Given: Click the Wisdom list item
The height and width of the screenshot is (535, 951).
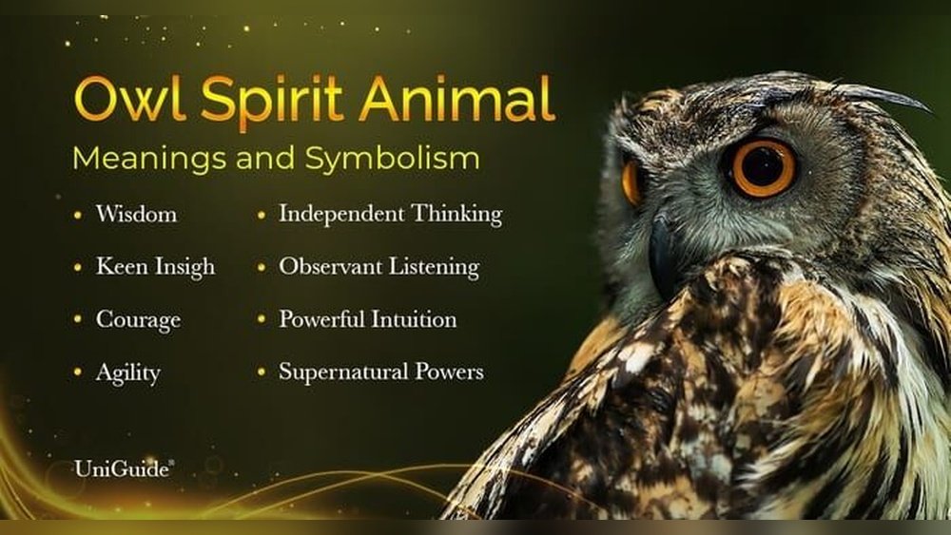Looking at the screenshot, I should click(136, 215).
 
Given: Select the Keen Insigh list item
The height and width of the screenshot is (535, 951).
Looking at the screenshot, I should click(155, 268).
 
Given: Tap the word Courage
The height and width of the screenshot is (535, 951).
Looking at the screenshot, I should click(138, 320).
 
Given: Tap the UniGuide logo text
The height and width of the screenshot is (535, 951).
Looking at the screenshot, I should click(123, 468).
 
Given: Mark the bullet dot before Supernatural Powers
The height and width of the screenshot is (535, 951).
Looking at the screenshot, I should click(262, 373).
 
